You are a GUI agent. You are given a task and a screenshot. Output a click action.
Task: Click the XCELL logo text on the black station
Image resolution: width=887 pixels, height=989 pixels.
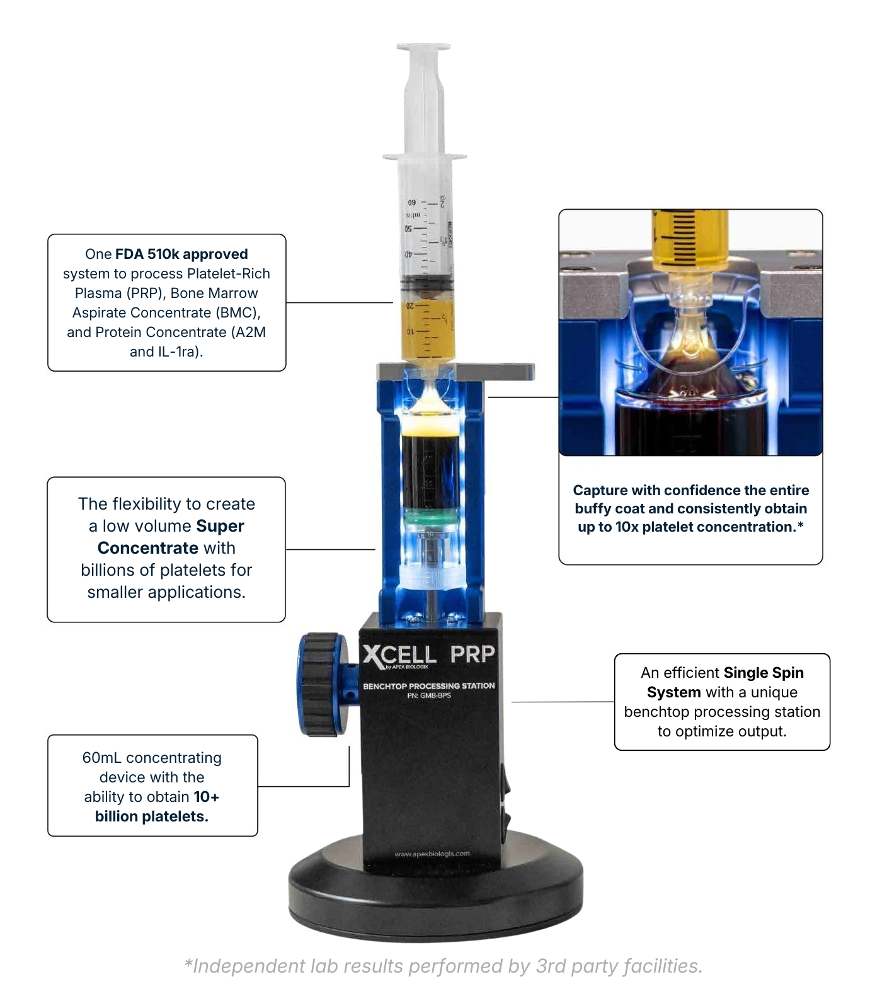click(399, 656)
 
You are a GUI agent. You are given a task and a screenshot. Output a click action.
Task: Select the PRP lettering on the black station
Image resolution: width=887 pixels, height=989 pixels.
click(472, 655)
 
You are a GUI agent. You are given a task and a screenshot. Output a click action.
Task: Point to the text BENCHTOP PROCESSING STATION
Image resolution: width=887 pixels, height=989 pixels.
click(428, 685)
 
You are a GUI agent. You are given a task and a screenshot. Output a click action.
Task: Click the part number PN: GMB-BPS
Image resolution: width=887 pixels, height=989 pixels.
click(428, 695)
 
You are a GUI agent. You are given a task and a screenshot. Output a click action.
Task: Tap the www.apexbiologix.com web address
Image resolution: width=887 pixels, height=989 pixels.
click(432, 854)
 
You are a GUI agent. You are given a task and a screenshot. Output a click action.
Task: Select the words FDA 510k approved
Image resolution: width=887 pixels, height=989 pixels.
click(181, 254)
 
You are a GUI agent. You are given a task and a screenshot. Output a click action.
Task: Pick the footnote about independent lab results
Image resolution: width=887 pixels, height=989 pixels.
click(443, 966)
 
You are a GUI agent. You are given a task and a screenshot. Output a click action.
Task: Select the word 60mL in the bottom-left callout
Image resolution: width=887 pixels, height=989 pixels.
click(101, 758)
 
